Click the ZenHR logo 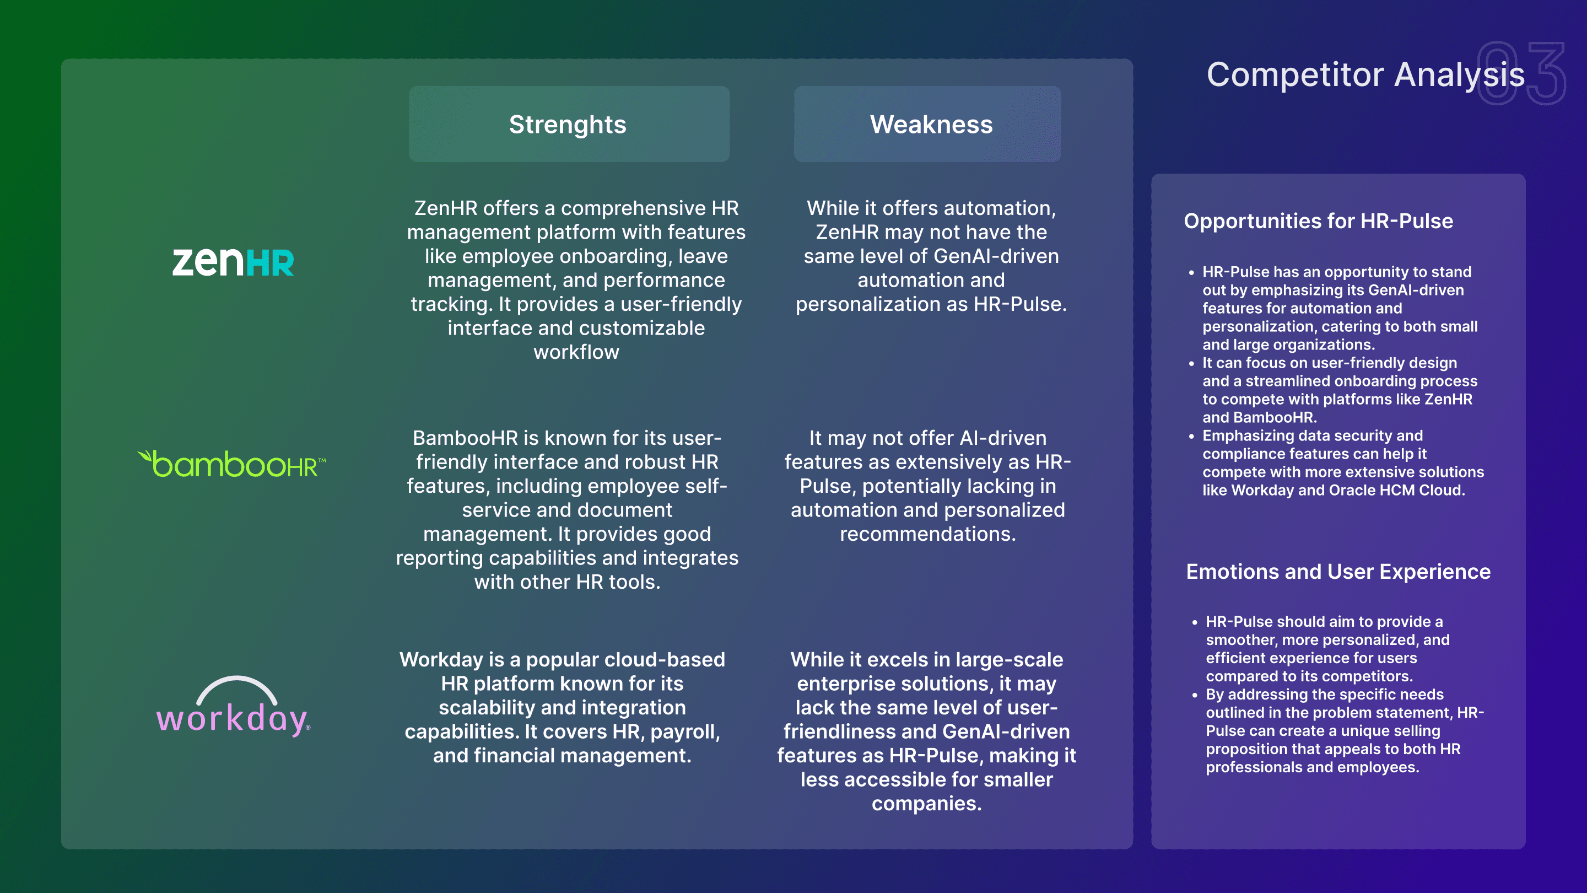(233, 262)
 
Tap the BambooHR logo (231, 464)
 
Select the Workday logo (234, 706)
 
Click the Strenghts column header (568, 125)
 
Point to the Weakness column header (931, 125)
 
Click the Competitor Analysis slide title (1365, 74)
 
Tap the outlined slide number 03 (1521, 73)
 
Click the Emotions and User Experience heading (1338, 571)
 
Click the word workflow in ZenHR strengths (576, 352)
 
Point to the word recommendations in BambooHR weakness (927, 534)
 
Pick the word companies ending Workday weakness (926, 804)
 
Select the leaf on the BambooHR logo (145, 456)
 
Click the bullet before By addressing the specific (1195, 695)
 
